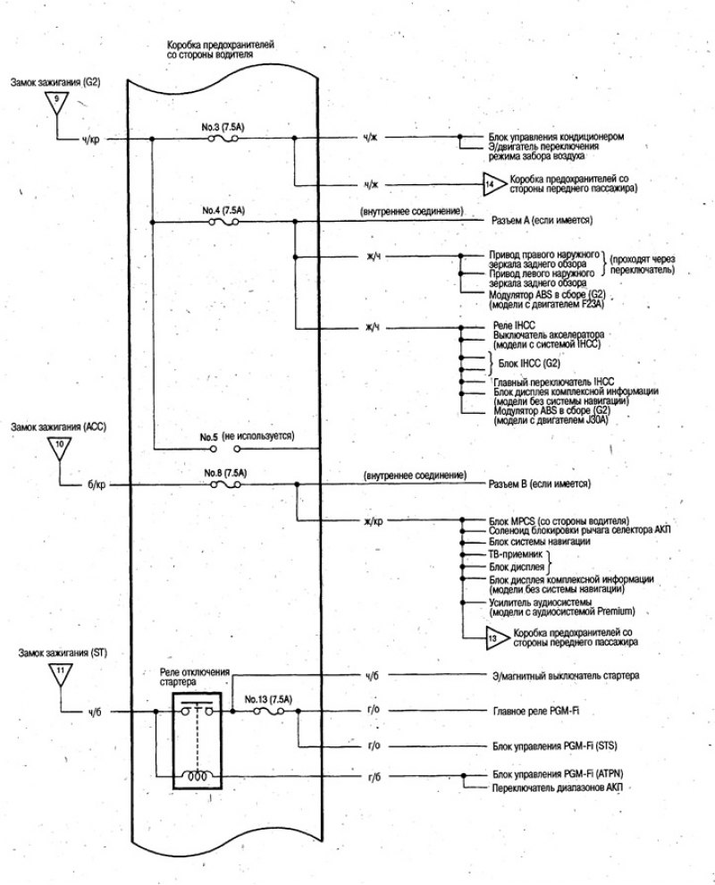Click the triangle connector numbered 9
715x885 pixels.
pyautogui.click(x=56, y=102)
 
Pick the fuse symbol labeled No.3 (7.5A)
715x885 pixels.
pyautogui.click(x=223, y=137)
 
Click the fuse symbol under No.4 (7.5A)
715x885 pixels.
pyautogui.click(x=223, y=223)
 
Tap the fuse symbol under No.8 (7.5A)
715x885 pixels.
pyautogui.click(x=225, y=485)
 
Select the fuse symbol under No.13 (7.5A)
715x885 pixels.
pyautogui.click(x=269, y=712)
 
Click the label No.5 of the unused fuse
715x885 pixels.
pyautogui.click(x=208, y=437)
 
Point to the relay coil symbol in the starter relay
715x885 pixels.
pyautogui.click(x=197, y=776)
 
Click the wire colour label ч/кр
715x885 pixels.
pyautogui.click(x=90, y=139)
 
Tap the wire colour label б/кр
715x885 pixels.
pyautogui.click(x=97, y=485)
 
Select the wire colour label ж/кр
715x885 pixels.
pyautogui.click(x=374, y=521)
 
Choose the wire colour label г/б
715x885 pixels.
pyautogui.click(x=374, y=777)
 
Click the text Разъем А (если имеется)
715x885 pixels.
pyautogui.click(x=542, y=220)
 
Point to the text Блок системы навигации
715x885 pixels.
pyautogui.click(x=540, y=541)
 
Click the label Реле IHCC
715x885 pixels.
pyautogui.click(x=514, y=325)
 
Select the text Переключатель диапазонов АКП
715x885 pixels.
pyautogui.click(x=558, y=788)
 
